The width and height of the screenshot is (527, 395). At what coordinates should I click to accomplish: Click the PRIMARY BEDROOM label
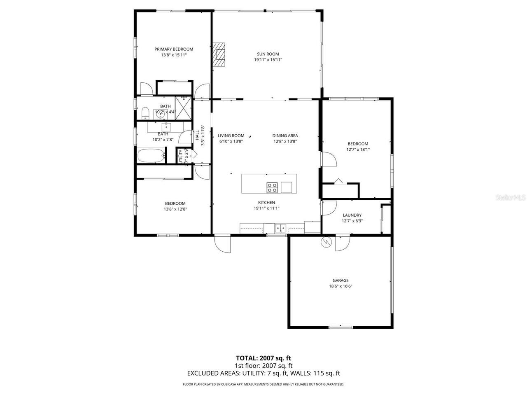[x=173, y=49]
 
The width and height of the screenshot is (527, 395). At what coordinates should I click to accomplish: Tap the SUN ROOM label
[x=268, y=54]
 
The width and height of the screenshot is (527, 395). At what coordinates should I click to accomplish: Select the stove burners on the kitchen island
[x=272, y=187]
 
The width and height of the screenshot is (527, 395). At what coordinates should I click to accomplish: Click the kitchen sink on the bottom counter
[x=281, y=227]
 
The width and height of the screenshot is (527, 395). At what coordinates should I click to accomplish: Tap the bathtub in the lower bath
[x=151, y=156]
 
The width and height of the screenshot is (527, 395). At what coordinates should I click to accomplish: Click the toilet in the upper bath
[x=145, y=112]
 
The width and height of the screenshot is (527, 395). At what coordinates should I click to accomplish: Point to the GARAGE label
[x=340, y=280]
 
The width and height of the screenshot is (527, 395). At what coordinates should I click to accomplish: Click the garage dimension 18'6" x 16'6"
[x=340, y=286]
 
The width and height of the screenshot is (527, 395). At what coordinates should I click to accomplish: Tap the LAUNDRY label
[x=352, y=215]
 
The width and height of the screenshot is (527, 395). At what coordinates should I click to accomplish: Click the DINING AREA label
[x=285, y=136]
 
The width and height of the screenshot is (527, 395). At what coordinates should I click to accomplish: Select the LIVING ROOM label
[x=231, y=136]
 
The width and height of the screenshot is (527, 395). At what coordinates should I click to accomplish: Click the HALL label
[x=197, y=135]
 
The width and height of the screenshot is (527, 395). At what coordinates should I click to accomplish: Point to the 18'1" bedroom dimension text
[x=358, y=150]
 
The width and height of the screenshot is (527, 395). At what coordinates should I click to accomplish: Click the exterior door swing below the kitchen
[x=222, y=244]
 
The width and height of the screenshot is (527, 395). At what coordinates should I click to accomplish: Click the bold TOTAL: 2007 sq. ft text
[x=263, y=358]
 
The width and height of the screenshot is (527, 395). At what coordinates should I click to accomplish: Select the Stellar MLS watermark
[x=511, y=198]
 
